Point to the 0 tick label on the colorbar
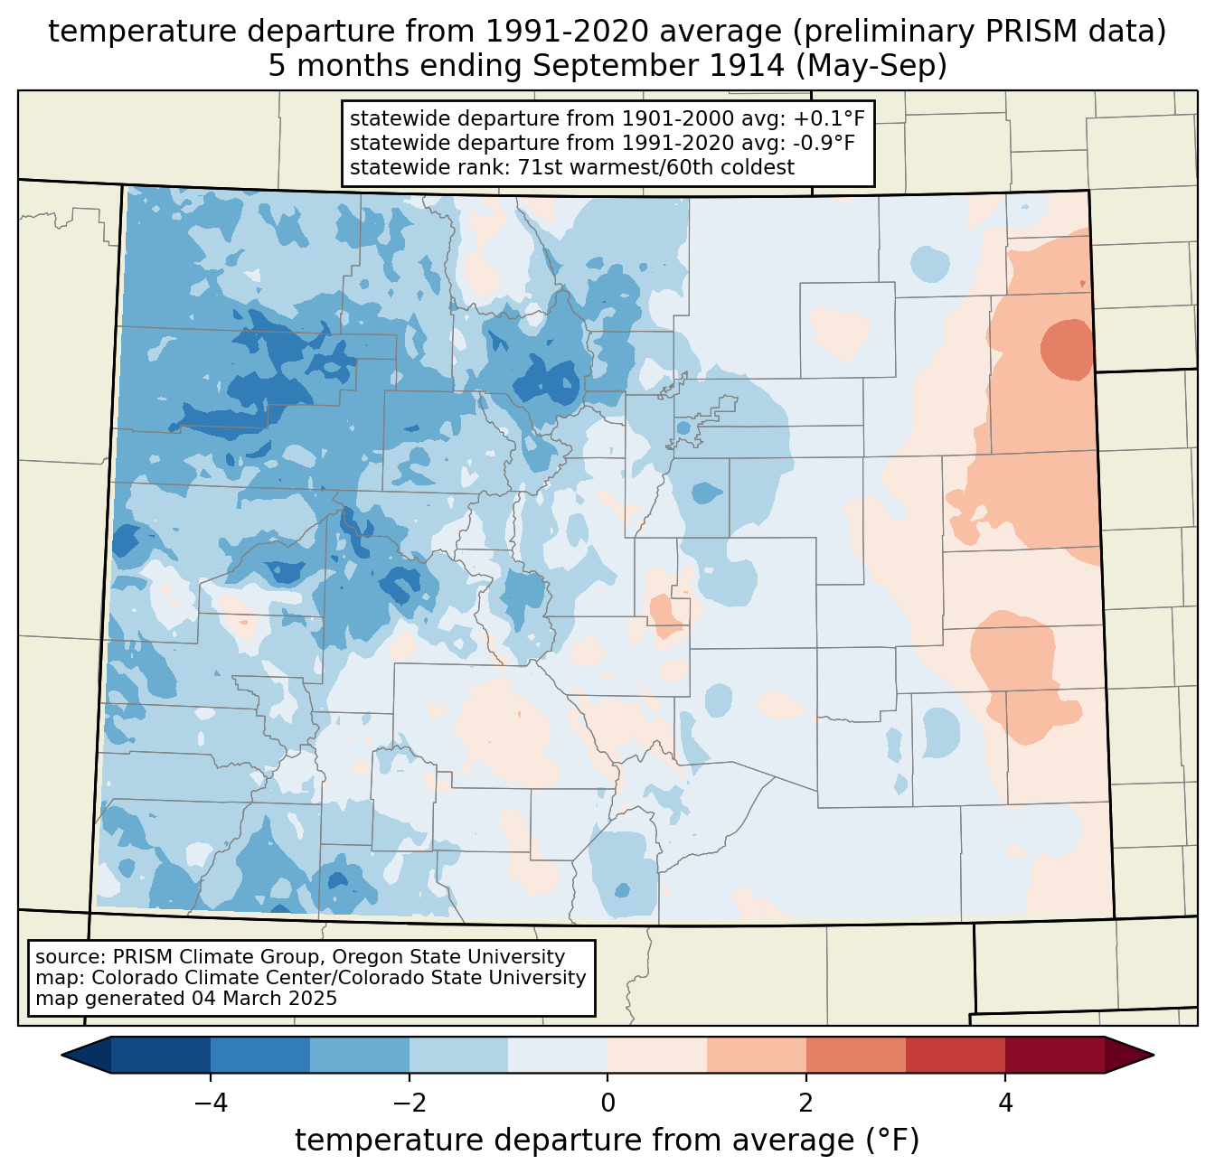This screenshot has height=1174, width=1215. click(x=607, y=1104)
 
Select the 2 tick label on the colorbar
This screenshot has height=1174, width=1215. click(x=806, y=1104)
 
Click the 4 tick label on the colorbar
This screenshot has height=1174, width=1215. click(x=1005, y=1104)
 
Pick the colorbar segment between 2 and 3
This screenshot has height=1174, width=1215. click(x=855, y=1055)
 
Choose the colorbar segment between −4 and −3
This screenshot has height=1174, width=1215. click(x=260, y=1055)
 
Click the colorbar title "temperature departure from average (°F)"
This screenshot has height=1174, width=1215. click(x=607, y=1141)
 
